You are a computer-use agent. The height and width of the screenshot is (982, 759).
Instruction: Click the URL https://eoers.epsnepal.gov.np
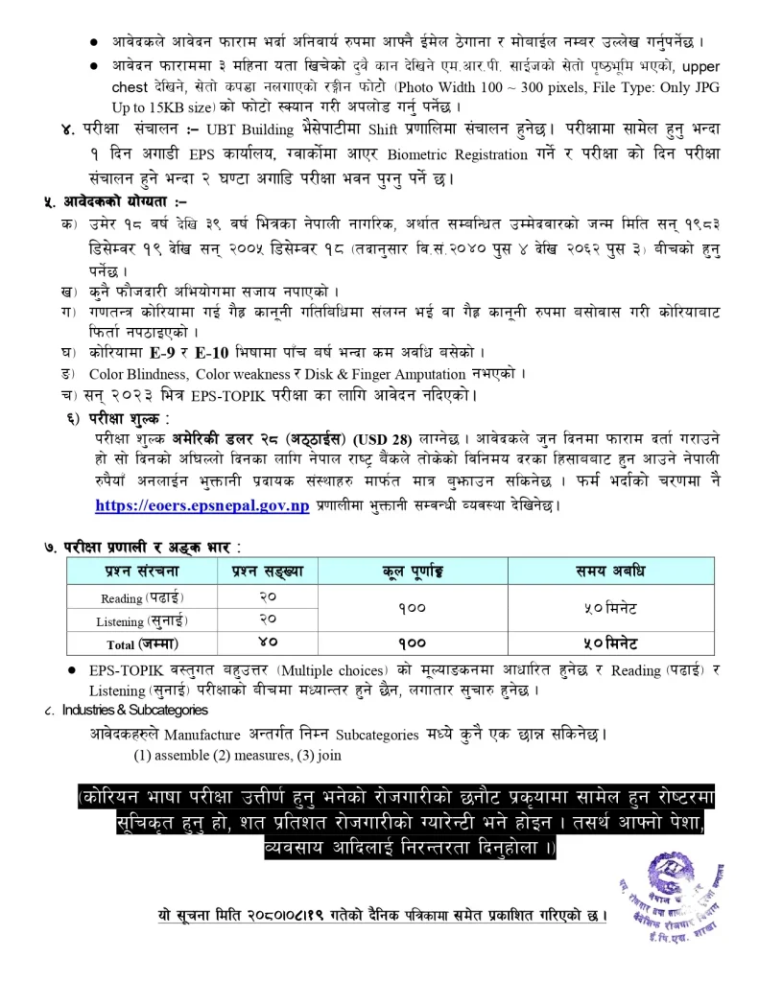tap(202, 505)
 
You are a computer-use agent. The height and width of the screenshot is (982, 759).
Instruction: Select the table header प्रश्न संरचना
tap(142, 572)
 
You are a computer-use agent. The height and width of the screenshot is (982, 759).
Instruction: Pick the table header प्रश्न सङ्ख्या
tap(268, 572)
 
